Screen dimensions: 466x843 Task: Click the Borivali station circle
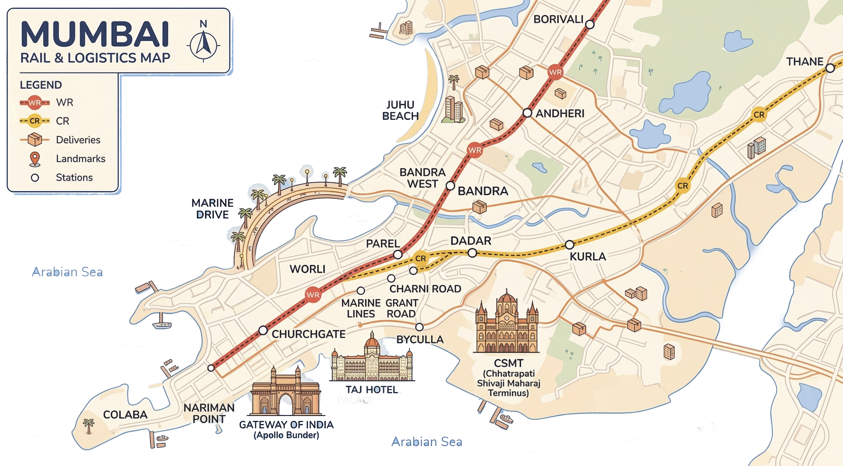590,24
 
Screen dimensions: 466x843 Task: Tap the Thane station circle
830,68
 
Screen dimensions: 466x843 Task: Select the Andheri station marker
527,113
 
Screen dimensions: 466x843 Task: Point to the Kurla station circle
569,245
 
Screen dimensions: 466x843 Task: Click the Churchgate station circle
263,330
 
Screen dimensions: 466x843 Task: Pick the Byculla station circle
419,327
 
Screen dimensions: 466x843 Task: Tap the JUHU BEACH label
400,110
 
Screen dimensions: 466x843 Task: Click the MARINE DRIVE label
212,209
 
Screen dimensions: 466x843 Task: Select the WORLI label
307,269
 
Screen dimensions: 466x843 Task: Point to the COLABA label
125,415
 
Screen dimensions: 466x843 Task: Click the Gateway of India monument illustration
285,392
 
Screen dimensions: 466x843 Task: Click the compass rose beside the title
203,45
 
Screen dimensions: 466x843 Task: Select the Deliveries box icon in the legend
35,140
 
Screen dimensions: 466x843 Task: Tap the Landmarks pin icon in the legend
35,159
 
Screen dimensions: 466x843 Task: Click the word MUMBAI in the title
95,35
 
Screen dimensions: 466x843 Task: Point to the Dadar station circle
472,253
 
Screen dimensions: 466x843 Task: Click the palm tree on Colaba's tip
88,426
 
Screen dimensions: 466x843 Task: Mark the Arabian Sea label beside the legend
67,272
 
